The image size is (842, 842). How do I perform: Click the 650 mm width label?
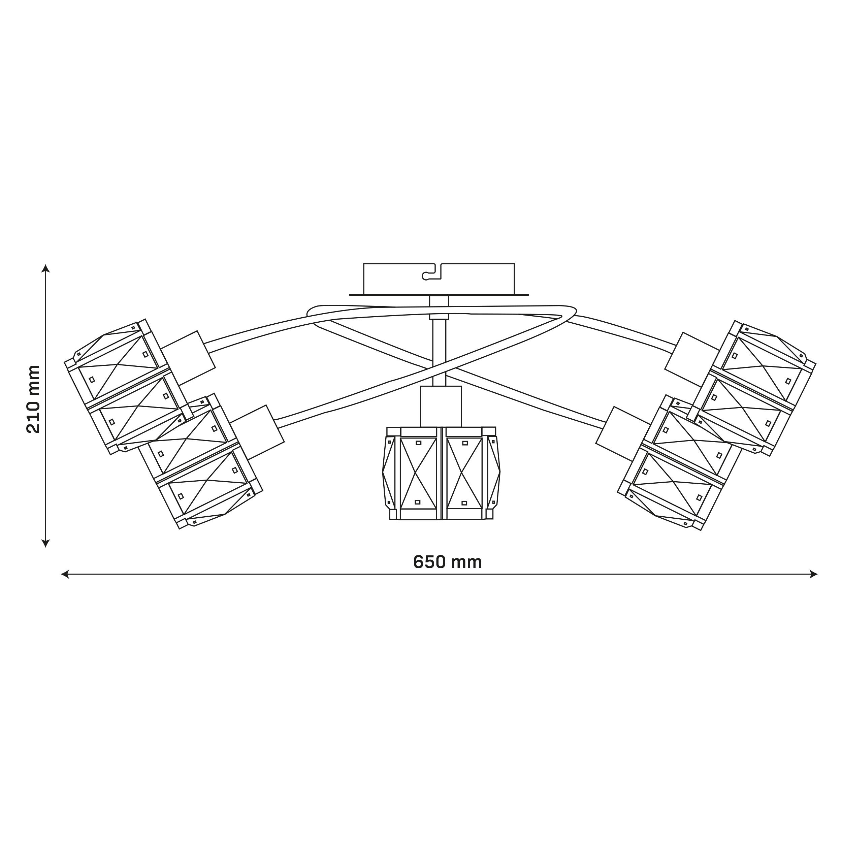coord(447,562)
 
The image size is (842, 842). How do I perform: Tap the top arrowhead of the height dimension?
coord(45,268)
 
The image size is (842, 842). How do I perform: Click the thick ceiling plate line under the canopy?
coord(439,295)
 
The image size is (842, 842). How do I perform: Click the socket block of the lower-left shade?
coord(257,432)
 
